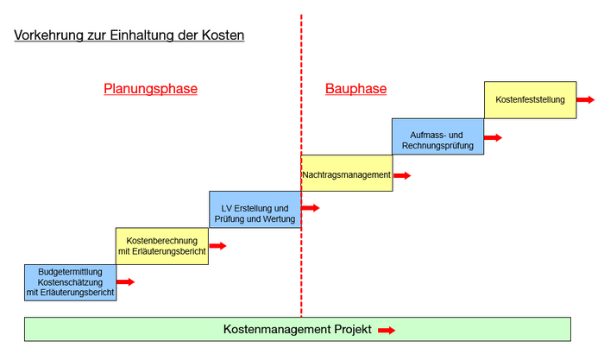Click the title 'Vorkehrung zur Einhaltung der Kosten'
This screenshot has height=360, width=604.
pos(129,35)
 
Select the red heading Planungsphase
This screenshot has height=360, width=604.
pos(151,88)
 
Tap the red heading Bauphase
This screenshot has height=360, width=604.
pos(355,88)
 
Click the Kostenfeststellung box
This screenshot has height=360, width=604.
pos(530,99)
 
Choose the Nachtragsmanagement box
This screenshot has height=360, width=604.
pos(346,174)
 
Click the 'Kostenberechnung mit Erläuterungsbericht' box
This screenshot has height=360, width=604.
pos(162,245)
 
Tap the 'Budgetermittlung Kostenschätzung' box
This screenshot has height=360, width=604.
pos(71,282)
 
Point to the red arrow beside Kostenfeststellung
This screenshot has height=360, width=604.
pos(585,99)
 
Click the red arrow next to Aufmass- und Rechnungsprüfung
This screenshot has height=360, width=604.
pos(493,137)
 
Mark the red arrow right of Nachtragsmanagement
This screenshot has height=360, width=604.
pos(401,175)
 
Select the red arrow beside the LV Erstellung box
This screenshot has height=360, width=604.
pos(310,208)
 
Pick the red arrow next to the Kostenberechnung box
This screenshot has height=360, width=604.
pos(217,246)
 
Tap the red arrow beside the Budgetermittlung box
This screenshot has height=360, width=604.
pos(126,281)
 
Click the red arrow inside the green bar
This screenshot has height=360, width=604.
pos(386,330)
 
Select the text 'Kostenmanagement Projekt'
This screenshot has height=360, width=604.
pos(297,330)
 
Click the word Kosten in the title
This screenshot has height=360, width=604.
pos(223,35)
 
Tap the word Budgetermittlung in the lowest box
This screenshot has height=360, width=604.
pos(71,271)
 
